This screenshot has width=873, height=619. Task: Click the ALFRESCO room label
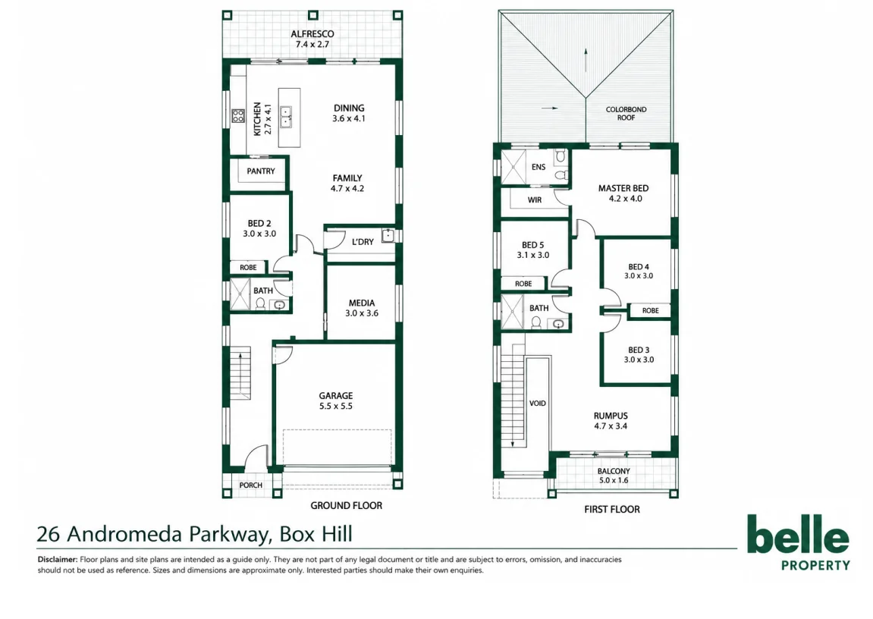point(312,34)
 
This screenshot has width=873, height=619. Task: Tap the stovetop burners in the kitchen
point(237,116)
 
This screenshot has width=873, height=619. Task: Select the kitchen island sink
point(286,117)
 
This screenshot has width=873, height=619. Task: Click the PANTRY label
point(261,171)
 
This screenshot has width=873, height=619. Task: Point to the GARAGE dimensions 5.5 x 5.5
point(336,407)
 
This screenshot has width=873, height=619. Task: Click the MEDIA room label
point(361,303)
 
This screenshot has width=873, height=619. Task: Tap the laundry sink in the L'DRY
point(388,236)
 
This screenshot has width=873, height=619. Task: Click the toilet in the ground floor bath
point(260,303)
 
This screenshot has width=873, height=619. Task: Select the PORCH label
point(250,485)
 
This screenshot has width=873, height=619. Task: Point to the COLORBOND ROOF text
point(626,114)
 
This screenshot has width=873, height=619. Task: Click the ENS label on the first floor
point(539,167)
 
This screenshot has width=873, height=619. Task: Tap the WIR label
point(535,200)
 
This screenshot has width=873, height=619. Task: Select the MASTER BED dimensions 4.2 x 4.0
point(625,199)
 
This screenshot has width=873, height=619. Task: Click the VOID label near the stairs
point(537,404)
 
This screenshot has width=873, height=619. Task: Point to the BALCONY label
point(614,472)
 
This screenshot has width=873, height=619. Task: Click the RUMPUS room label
point(611,416)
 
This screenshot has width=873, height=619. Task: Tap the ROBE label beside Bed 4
point(650,310)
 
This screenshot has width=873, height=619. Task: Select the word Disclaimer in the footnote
point(58,559)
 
